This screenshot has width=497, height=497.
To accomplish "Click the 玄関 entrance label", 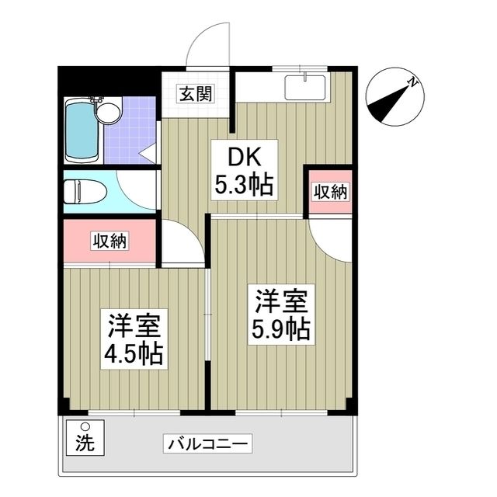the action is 196,93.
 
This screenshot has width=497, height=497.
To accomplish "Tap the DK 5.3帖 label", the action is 245,170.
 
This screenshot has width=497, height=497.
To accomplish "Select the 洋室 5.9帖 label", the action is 281,315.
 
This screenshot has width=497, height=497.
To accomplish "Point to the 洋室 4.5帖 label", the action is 134,339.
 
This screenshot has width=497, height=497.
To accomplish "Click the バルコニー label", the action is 207,443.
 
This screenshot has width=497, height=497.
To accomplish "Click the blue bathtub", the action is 82,131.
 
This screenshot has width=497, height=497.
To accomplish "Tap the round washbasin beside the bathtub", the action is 109,112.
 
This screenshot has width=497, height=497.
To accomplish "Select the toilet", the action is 85,192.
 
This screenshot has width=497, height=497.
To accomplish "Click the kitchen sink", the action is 305,88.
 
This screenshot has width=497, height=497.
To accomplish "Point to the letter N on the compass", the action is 412,82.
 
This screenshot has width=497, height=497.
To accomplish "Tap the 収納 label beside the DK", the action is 331,192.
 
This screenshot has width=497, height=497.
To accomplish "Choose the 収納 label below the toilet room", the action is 109,241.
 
